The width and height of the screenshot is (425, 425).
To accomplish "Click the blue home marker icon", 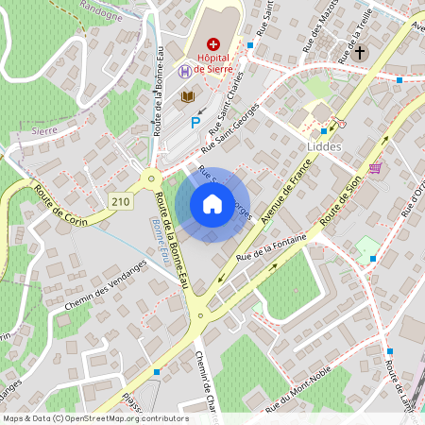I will coord(212,204).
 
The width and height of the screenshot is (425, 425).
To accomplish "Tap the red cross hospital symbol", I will coord(213,43).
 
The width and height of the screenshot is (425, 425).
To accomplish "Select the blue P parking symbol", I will coord(195,122).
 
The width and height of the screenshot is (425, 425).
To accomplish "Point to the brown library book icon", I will coord(188,96).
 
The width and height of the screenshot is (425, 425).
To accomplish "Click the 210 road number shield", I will coord(120,201).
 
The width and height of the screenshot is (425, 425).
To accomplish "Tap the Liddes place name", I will coord(322,147).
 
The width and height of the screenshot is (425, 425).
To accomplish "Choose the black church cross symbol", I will coord(359,52).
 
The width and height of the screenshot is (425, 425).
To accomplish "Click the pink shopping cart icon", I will coord(376,168).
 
